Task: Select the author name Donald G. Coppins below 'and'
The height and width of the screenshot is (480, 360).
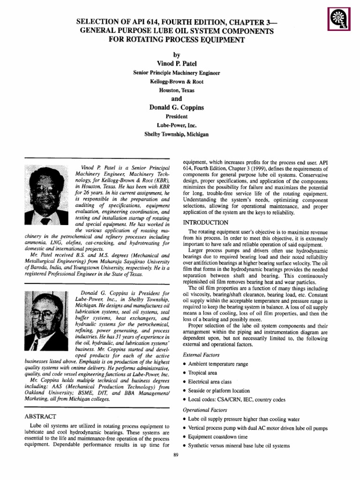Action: [x=176, y=108]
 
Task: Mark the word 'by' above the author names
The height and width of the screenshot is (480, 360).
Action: [x=176, y=54]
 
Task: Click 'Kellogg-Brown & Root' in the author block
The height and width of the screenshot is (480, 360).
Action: [x=176, y=82]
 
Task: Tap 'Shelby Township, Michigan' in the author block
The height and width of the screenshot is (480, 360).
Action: [x=176, y=134]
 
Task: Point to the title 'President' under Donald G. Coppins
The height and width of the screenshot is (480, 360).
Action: [x=176, y=117]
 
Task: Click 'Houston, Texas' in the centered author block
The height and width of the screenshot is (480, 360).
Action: [x=176, y=90]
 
